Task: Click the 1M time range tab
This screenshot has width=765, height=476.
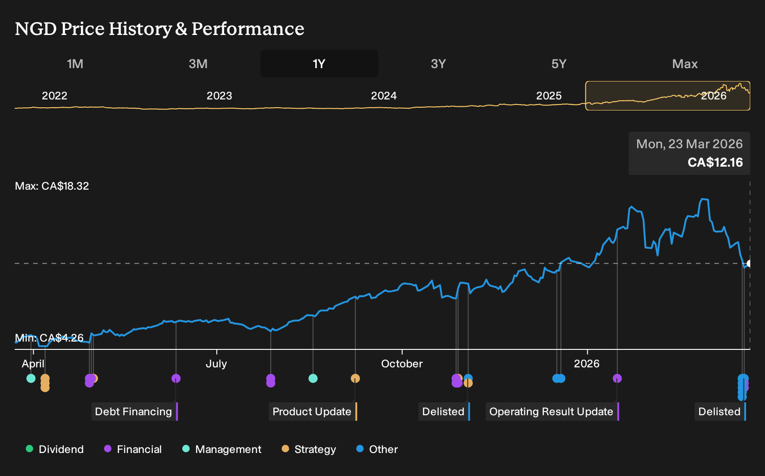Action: (75, 64)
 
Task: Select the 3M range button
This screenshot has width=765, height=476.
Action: (198, 64)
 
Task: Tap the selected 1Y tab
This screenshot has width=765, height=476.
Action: (319, 64)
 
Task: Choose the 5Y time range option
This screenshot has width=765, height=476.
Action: (559, 64)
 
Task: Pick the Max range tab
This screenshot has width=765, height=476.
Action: (685, 64)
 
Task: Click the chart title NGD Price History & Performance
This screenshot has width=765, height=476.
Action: (159, 29)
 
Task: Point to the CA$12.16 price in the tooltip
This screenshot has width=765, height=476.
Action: (715, 162)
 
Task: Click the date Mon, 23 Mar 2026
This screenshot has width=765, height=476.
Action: (689, 144)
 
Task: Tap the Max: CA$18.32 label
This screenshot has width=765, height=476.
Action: (52, 186)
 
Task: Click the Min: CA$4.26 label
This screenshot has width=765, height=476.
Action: (49, 338)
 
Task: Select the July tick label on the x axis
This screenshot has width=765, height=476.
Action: (216, 364)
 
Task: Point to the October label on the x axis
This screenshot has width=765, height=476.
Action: (402, 364)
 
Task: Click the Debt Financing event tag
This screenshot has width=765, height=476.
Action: (134, 412)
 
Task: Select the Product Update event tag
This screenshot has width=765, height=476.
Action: (313, 412)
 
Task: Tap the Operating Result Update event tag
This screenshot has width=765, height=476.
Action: (552, 412)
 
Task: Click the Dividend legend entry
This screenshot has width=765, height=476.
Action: (55, 449)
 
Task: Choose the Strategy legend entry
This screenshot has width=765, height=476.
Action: (309, 449)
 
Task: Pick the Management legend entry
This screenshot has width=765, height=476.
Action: (222, 449)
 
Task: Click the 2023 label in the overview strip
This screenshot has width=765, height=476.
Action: (219, 96)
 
